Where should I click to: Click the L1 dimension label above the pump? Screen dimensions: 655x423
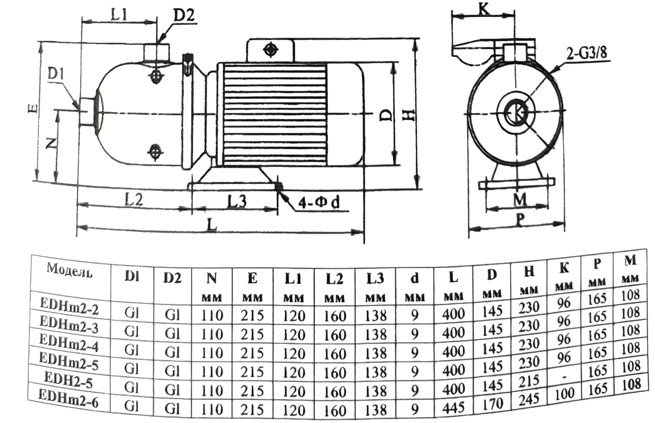pos(119,15)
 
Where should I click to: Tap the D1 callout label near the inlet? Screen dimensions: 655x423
pos(56,74)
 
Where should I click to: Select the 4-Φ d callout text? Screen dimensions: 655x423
pos(319,202)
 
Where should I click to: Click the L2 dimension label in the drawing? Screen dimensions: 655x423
pos(134,200)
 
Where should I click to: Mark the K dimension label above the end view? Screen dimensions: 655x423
pos(484,9)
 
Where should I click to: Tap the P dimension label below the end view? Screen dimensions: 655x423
pos(519,220)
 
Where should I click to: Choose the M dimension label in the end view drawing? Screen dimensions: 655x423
pos(519,199)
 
